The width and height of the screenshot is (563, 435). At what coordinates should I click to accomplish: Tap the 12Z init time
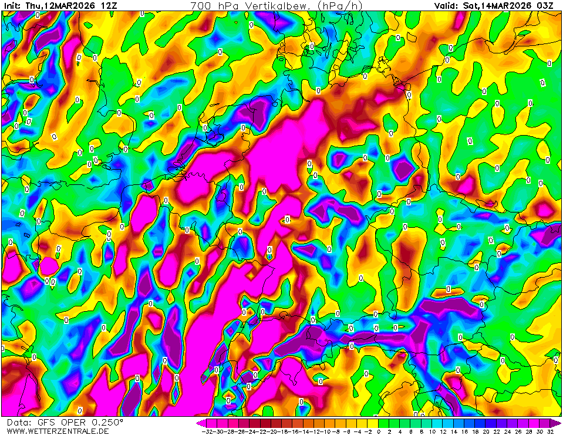[x=109, y=5]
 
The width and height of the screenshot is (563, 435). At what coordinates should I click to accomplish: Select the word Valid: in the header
[x=446, y=5]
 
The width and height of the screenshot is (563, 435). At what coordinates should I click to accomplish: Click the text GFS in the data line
[x=46, y=422]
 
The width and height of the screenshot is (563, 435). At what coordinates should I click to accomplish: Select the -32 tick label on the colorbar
[x=207, y=431]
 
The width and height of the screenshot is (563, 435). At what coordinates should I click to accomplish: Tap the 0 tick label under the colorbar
[x=379, y=431]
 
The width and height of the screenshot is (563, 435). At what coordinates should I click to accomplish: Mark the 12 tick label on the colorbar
[x=443, y=431]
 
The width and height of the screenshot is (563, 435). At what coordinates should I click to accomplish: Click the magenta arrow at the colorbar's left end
[x=200, y=423]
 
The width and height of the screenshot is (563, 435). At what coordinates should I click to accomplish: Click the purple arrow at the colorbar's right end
[x=558, y=423]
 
